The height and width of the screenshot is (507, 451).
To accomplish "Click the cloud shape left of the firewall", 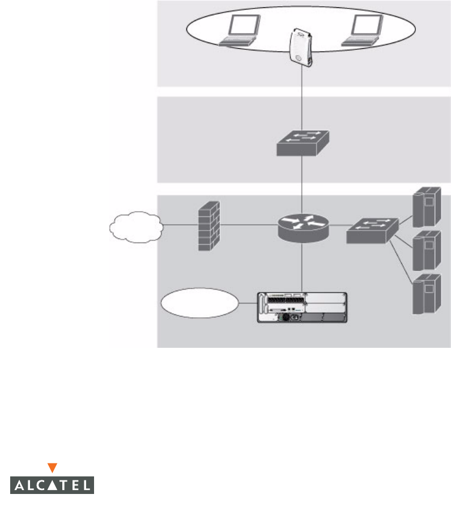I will (136, 227).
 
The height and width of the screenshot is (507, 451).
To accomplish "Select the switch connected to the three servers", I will (372, 229).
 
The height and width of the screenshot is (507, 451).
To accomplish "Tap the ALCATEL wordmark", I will (52, 485).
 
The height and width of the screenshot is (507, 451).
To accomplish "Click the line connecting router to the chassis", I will (303, 266).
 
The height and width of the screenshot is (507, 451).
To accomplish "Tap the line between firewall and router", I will (249, 225).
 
